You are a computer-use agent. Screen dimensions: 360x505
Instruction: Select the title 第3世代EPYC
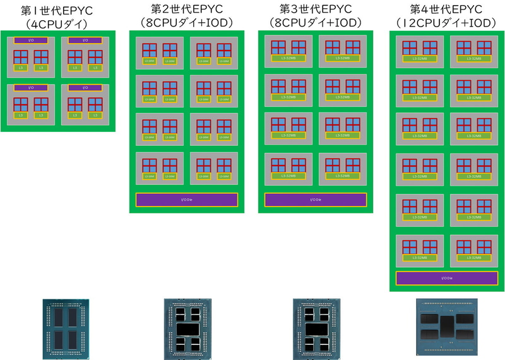coord(315,10)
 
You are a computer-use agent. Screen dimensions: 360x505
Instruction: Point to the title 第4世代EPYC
coord(446,10)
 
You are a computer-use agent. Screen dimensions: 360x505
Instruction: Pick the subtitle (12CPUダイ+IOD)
coord(446,23)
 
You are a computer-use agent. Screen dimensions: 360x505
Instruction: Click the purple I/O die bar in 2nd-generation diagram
coord(186,200)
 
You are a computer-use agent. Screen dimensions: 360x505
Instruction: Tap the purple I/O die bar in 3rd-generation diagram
coord(315,200)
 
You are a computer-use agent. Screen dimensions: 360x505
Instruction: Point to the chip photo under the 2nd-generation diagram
coord(186,325)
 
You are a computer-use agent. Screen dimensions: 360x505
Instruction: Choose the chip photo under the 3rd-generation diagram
coord(316,325)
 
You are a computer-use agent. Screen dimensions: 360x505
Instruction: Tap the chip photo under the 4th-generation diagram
coord(446,324)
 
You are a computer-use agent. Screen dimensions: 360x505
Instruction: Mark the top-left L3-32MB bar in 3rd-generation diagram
coord(288,57)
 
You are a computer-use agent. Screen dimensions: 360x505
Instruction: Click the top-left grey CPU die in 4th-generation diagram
coord(420,52)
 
